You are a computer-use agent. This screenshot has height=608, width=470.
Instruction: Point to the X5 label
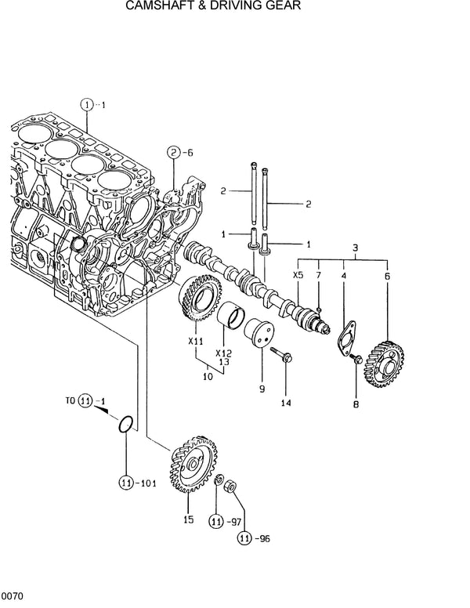298,275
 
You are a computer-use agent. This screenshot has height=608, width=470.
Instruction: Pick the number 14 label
286,403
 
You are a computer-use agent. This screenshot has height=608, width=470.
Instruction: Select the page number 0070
12,598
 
